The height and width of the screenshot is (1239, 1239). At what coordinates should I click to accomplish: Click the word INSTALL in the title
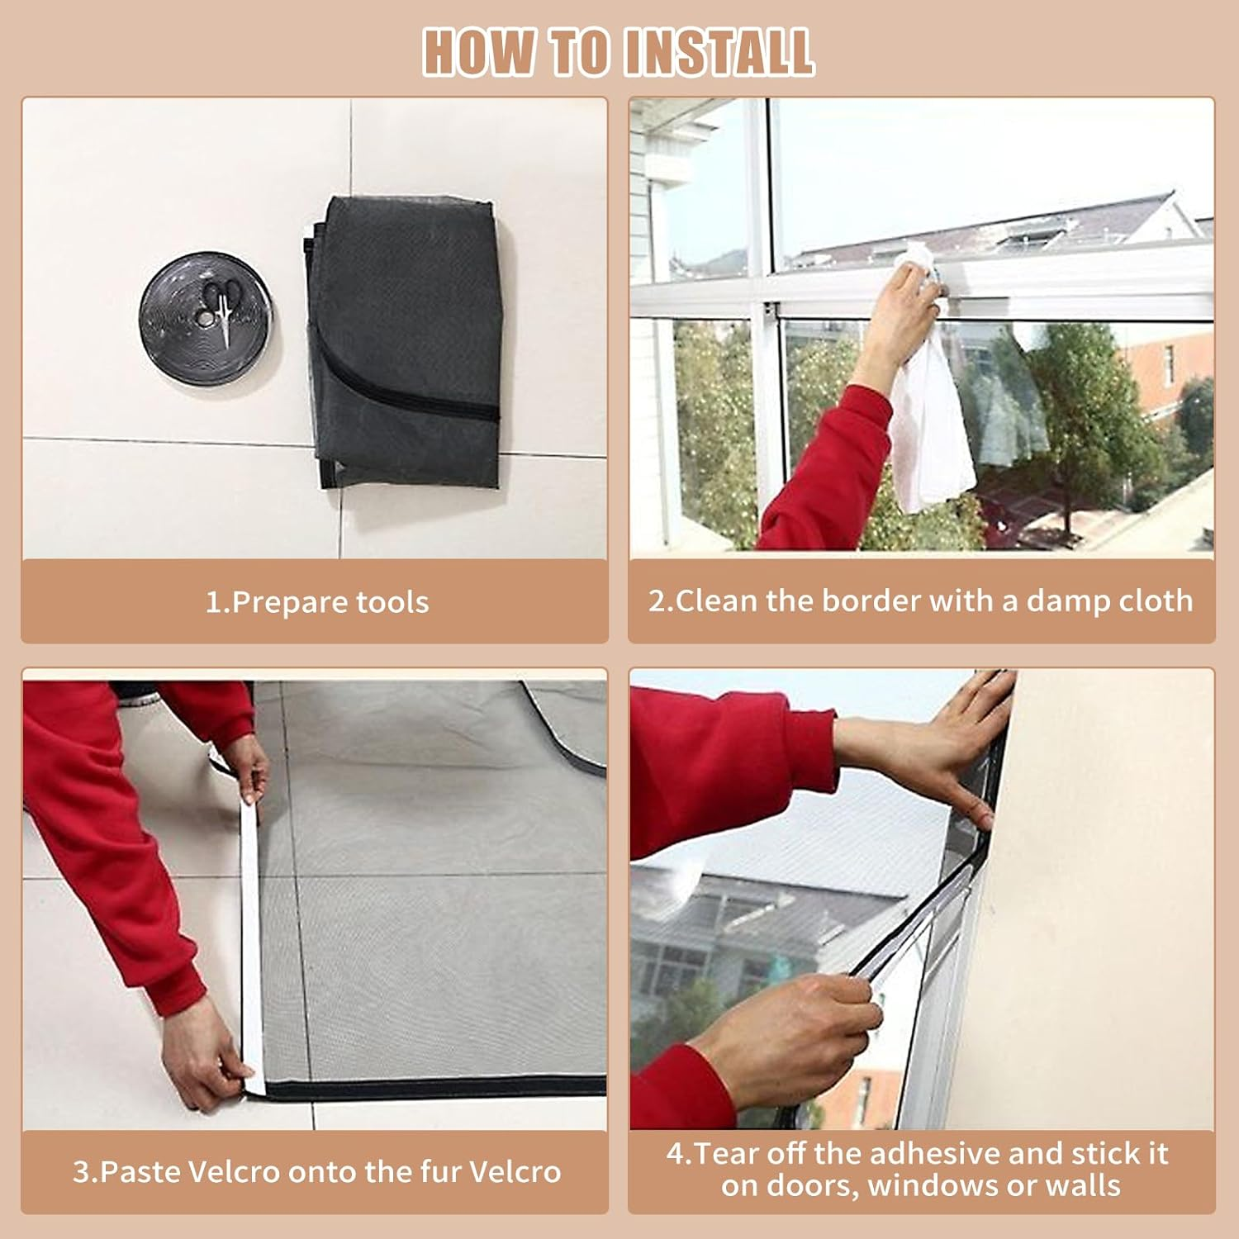719,52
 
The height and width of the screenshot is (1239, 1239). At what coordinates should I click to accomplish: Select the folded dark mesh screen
405,343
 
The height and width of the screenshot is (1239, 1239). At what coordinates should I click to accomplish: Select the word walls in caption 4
1083,1186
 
